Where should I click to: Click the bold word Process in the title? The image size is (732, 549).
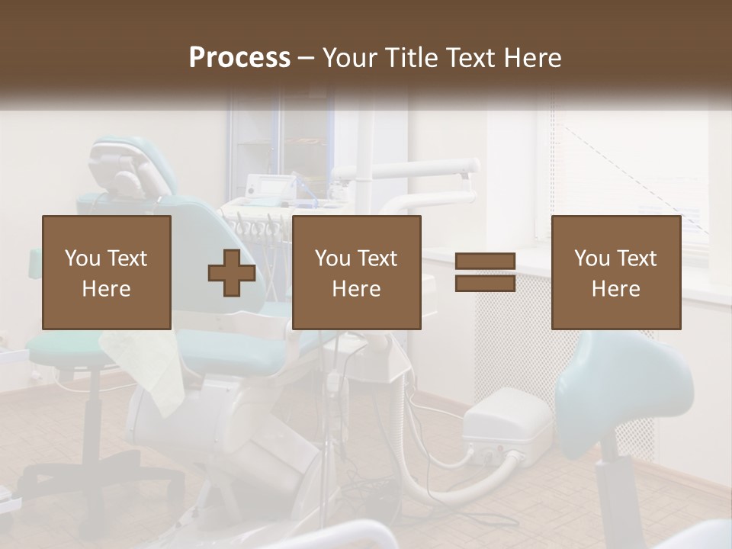(239, 57)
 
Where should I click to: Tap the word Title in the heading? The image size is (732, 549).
(411, 57)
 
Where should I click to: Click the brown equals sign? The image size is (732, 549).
(485, 273)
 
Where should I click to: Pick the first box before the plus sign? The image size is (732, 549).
(107, 273)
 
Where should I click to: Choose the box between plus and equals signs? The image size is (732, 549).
(356, 273)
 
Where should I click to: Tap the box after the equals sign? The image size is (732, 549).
(616, 273)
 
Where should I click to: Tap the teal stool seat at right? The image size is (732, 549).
(625, 381)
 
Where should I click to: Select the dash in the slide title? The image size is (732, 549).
(307, 58)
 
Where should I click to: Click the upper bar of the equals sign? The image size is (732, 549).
(485, 262)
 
